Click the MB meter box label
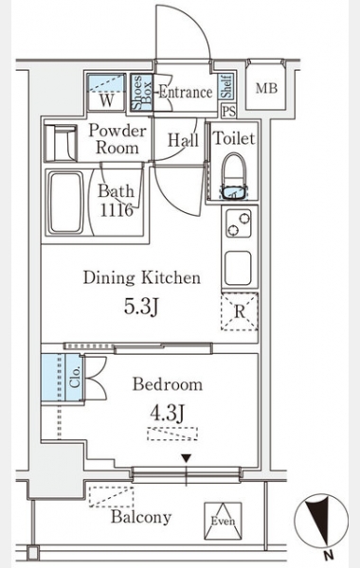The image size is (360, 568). coord(266,88)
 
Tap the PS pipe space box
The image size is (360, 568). coord(228,111)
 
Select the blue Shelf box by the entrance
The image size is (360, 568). coord(225,86)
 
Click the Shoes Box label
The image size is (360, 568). coord(141,93)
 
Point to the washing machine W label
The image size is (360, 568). coord(107,100)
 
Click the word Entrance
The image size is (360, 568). coord(186,92)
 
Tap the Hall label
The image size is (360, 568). coord(183,140)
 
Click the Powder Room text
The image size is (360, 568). coord(117,139)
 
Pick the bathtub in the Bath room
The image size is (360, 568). coord(65,203)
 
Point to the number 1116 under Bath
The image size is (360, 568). coord(117,210)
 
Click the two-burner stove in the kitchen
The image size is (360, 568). coord(239,223)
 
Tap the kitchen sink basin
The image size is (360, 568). coord(238,268)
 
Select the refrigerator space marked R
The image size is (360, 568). coord(240,311)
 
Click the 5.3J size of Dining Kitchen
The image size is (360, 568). coord(141,307)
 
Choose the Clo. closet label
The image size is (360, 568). coord(75,378)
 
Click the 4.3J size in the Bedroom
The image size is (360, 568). coord(168,413)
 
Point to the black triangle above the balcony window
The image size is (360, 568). coord(187,458)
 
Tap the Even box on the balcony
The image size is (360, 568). coord(223,521)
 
